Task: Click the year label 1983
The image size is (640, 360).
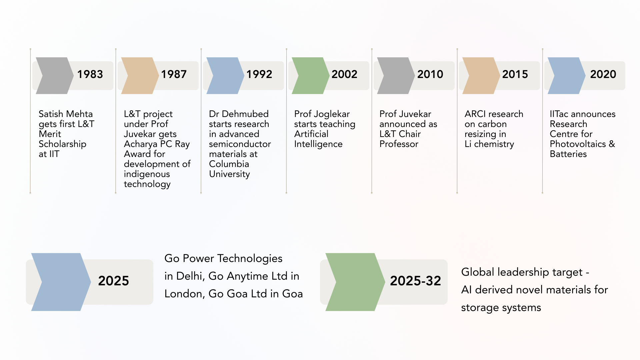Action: (x=90, y=74)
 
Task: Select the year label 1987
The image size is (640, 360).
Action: (x=174, y=74)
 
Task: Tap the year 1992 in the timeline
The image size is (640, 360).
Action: (x=259, y=74)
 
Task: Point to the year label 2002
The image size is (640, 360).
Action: (x=344, y=74)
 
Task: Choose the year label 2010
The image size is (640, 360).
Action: (x=430, y=74)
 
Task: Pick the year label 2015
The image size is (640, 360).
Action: (x=515, y=74)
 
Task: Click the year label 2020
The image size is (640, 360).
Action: (x=603, y=74)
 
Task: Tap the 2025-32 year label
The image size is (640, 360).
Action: (x=415, y=281)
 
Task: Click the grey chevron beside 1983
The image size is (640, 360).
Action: (x=55, y=76)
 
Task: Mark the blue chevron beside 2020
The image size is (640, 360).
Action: (x=567, y=76)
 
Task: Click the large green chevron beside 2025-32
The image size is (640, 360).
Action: (x=355, y=282)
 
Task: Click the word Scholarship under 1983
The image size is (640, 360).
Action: (x=62, y=144)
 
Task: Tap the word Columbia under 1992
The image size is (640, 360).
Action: (x=229, y=164)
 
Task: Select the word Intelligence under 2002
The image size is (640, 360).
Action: (x=318, y=144)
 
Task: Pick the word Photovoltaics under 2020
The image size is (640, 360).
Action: (x=578, y=144)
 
